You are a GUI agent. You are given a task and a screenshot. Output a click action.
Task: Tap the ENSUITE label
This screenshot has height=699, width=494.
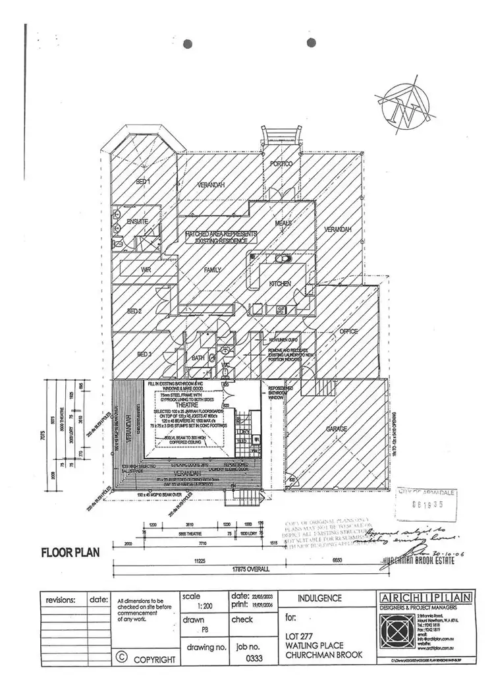(138, 221)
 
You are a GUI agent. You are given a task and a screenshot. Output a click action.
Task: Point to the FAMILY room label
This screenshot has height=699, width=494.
(212, 269)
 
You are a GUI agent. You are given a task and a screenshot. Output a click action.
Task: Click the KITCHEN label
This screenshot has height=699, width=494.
(280, 283)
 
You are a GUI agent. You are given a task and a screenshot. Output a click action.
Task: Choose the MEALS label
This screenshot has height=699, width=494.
(283, 223)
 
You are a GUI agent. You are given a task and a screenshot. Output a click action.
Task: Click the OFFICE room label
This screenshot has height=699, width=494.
(347, 331)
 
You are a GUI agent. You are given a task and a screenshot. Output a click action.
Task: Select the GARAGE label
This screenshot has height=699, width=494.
(337, 429)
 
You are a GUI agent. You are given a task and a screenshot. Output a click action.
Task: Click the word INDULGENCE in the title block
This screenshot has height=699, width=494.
(320, 599)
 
